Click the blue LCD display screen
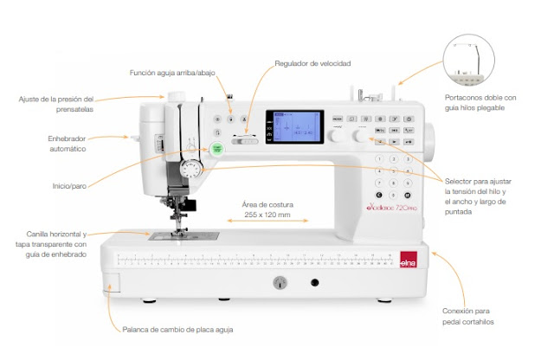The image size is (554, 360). coord(293,128)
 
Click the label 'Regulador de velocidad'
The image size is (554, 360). coord(312,63)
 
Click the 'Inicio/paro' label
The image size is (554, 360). coord(70,185)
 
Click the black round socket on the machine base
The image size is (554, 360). coord(315,283)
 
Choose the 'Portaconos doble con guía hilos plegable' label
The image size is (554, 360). coord(492,104)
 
